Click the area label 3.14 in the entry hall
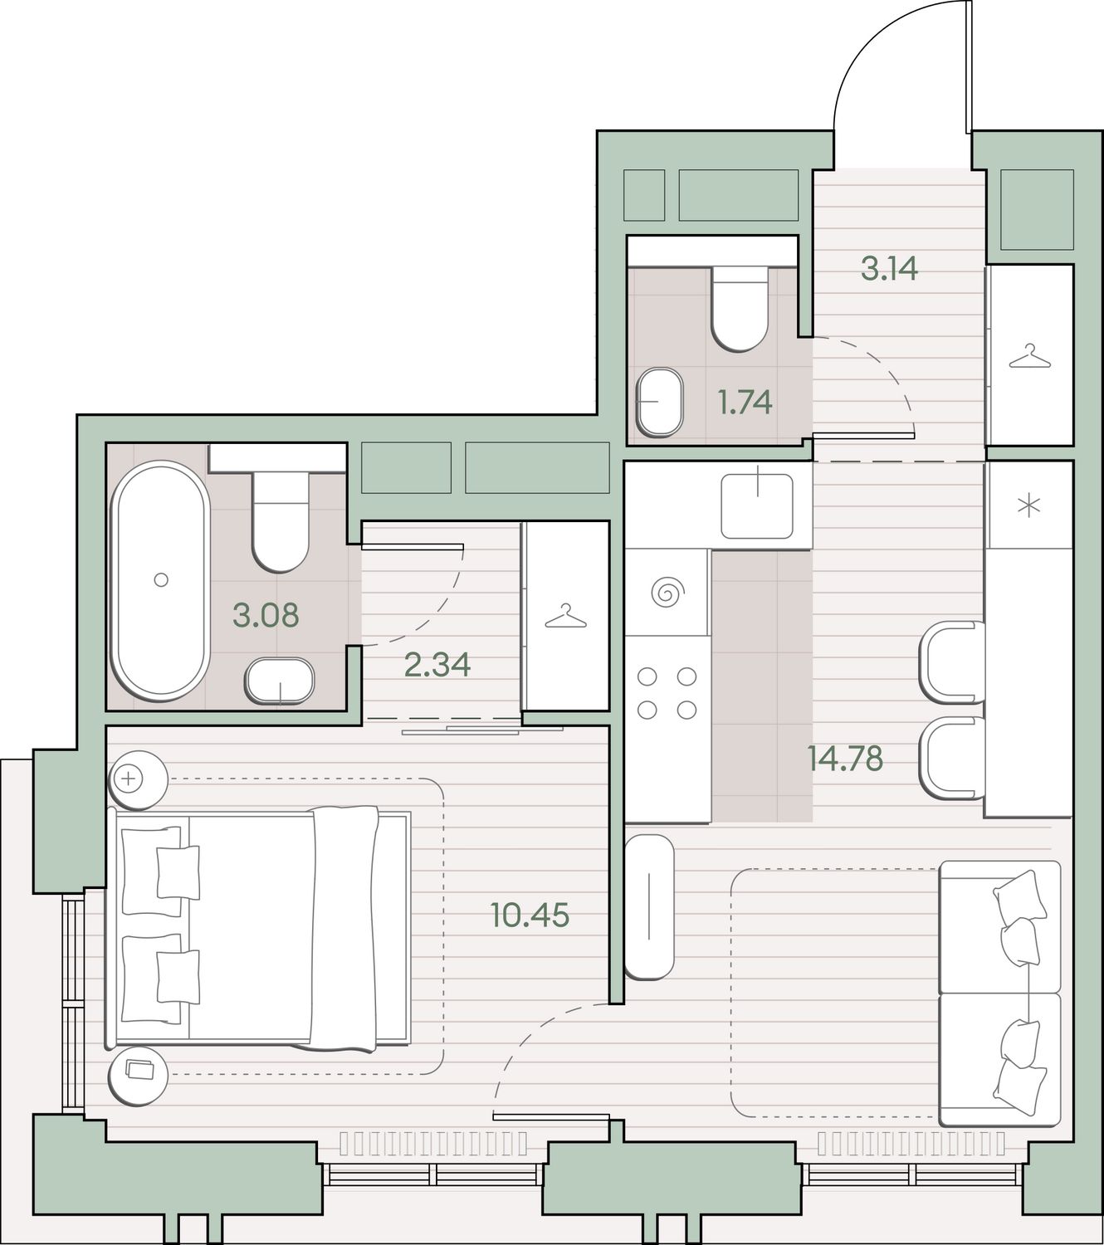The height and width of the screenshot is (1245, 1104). point(889,269)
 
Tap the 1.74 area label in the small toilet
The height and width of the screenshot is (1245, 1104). point(745,403)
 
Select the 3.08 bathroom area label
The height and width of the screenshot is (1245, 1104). point(266,615)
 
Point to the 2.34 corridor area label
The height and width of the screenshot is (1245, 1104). point(437,664)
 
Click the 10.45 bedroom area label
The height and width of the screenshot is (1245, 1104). point(530,915)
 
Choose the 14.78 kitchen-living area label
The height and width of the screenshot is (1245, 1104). point(846,759)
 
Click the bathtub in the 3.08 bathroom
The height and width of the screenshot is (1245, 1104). point(160,581)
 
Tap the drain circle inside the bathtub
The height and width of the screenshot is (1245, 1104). point(161,579)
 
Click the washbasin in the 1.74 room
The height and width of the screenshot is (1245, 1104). point(660,402)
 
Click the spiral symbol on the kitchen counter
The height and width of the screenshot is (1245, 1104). point(668,593)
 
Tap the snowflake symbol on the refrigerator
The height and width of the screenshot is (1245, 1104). point(1028,506)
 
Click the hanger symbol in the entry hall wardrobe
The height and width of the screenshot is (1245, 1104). point(1029,356)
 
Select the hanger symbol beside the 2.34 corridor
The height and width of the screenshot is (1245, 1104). point(565,616)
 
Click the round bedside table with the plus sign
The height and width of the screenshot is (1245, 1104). point(139,780)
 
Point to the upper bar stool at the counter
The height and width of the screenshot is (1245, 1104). point(952,662)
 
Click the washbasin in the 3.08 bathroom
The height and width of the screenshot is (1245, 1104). point(280,681)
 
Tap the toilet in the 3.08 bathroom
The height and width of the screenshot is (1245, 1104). point(280,522)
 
